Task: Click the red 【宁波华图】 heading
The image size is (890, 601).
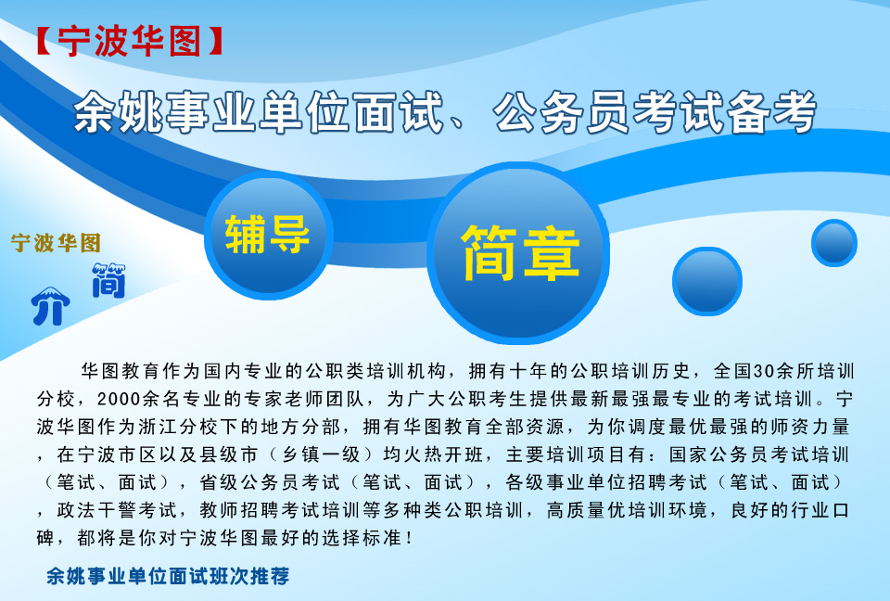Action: [129, 42]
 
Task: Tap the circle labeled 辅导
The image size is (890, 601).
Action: [268, 236]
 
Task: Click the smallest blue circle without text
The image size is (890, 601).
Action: [833, 243]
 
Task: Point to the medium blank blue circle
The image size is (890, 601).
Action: [707, 281]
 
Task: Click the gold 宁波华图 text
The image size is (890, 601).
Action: [56, 243]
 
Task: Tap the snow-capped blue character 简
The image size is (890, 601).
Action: [109, 281]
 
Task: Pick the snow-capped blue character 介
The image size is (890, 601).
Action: [50, 306]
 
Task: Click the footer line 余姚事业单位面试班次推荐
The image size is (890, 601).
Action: [168, 576]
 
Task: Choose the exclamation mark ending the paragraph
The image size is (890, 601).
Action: [410, 537]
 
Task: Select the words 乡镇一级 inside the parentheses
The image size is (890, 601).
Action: [321, 454]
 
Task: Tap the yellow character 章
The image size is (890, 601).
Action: [551, 253]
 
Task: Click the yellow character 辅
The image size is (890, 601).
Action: [245, 235]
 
